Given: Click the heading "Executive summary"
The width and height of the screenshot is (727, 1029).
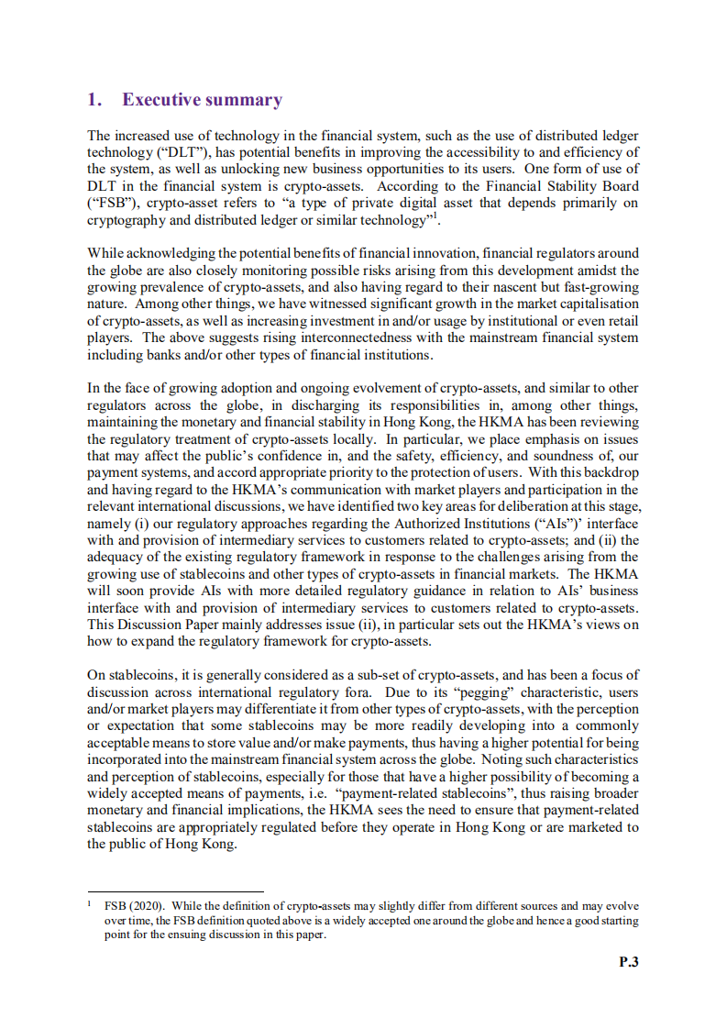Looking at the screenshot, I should [x=202, y=100].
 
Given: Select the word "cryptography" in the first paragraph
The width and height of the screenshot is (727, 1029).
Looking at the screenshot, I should [x=126, y=220].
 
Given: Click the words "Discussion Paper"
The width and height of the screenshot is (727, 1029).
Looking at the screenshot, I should [x=170, y=625].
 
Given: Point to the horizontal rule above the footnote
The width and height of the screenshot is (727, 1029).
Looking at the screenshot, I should [x=175, y=890].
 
